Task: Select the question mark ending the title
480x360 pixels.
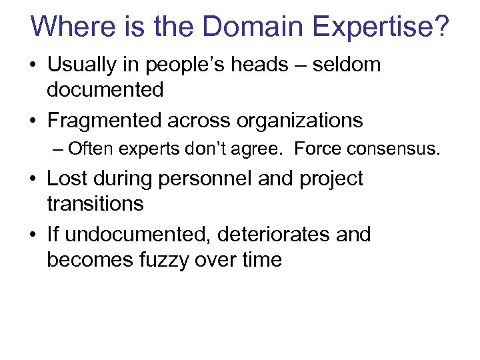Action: pos(440,27)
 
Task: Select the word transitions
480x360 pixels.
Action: pos(95,203)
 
